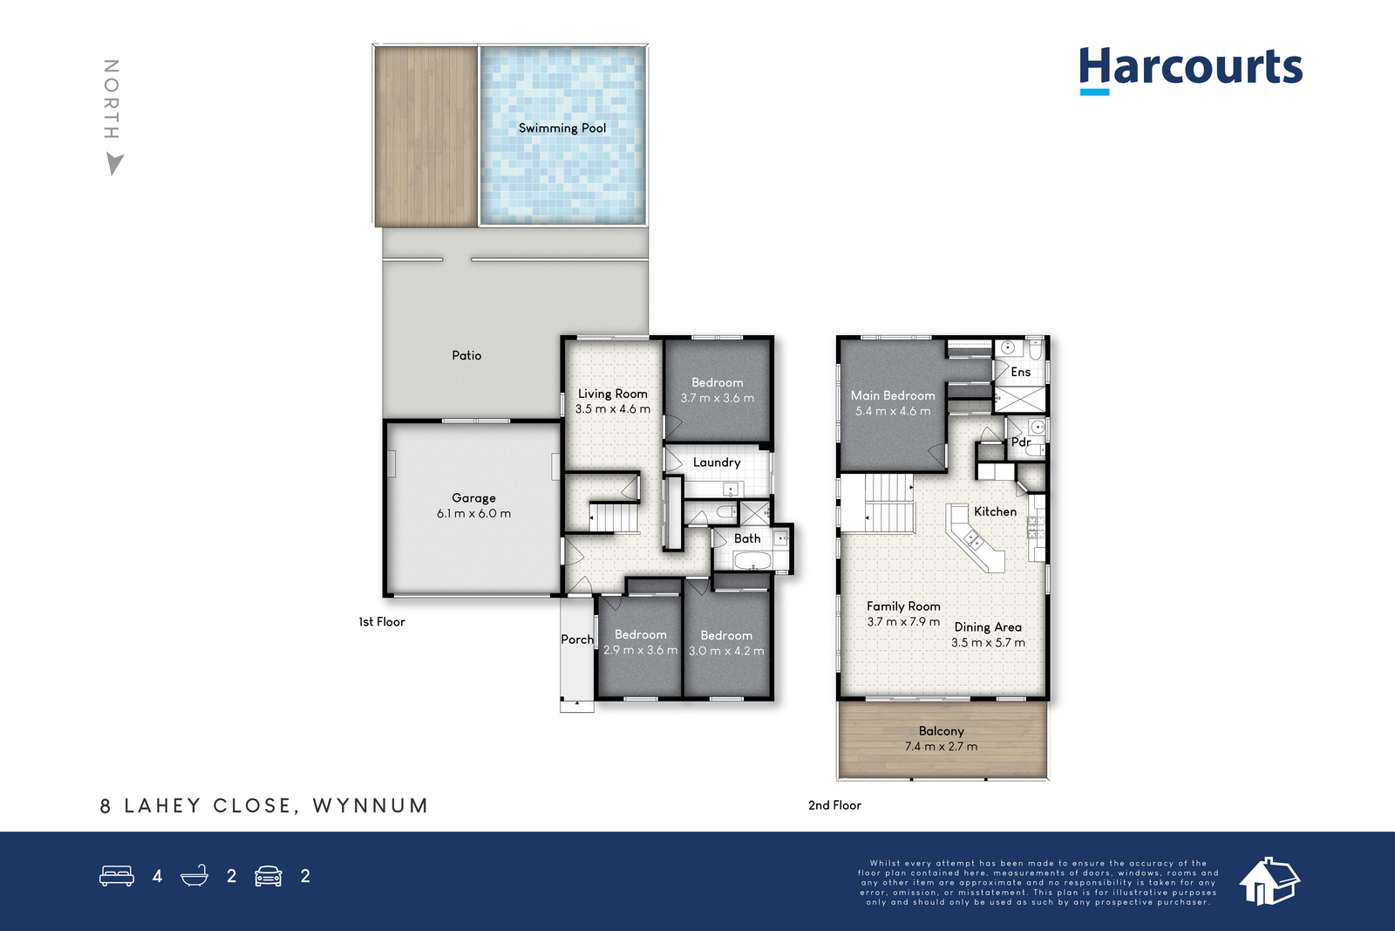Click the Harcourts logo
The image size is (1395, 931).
coord(1191,71)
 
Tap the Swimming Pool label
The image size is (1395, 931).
coord(562,128)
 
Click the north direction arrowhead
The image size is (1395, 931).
coord(114,163)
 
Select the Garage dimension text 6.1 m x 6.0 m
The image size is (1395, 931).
coord(473,513)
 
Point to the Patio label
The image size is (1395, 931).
coord(466,355)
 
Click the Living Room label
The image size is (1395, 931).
coord(613,394)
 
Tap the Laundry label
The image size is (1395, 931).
coord(717,462)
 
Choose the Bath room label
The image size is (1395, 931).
coord(747,538)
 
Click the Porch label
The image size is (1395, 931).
coord(576,640)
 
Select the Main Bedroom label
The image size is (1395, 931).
coord(893,396)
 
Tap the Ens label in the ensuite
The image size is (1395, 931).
coord(1021,372)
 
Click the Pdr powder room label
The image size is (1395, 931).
coord(1021,442)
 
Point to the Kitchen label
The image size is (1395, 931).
coord(995,511)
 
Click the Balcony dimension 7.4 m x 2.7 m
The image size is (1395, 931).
coord(941,746)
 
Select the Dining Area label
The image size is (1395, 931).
coord(988,626)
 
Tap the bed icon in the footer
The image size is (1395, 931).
coord(117,875)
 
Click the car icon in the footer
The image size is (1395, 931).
coord(269,875)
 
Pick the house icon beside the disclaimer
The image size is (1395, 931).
coord(1269,880)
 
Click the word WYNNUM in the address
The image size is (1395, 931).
coord(371,805)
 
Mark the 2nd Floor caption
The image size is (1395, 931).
coord(834,805)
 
